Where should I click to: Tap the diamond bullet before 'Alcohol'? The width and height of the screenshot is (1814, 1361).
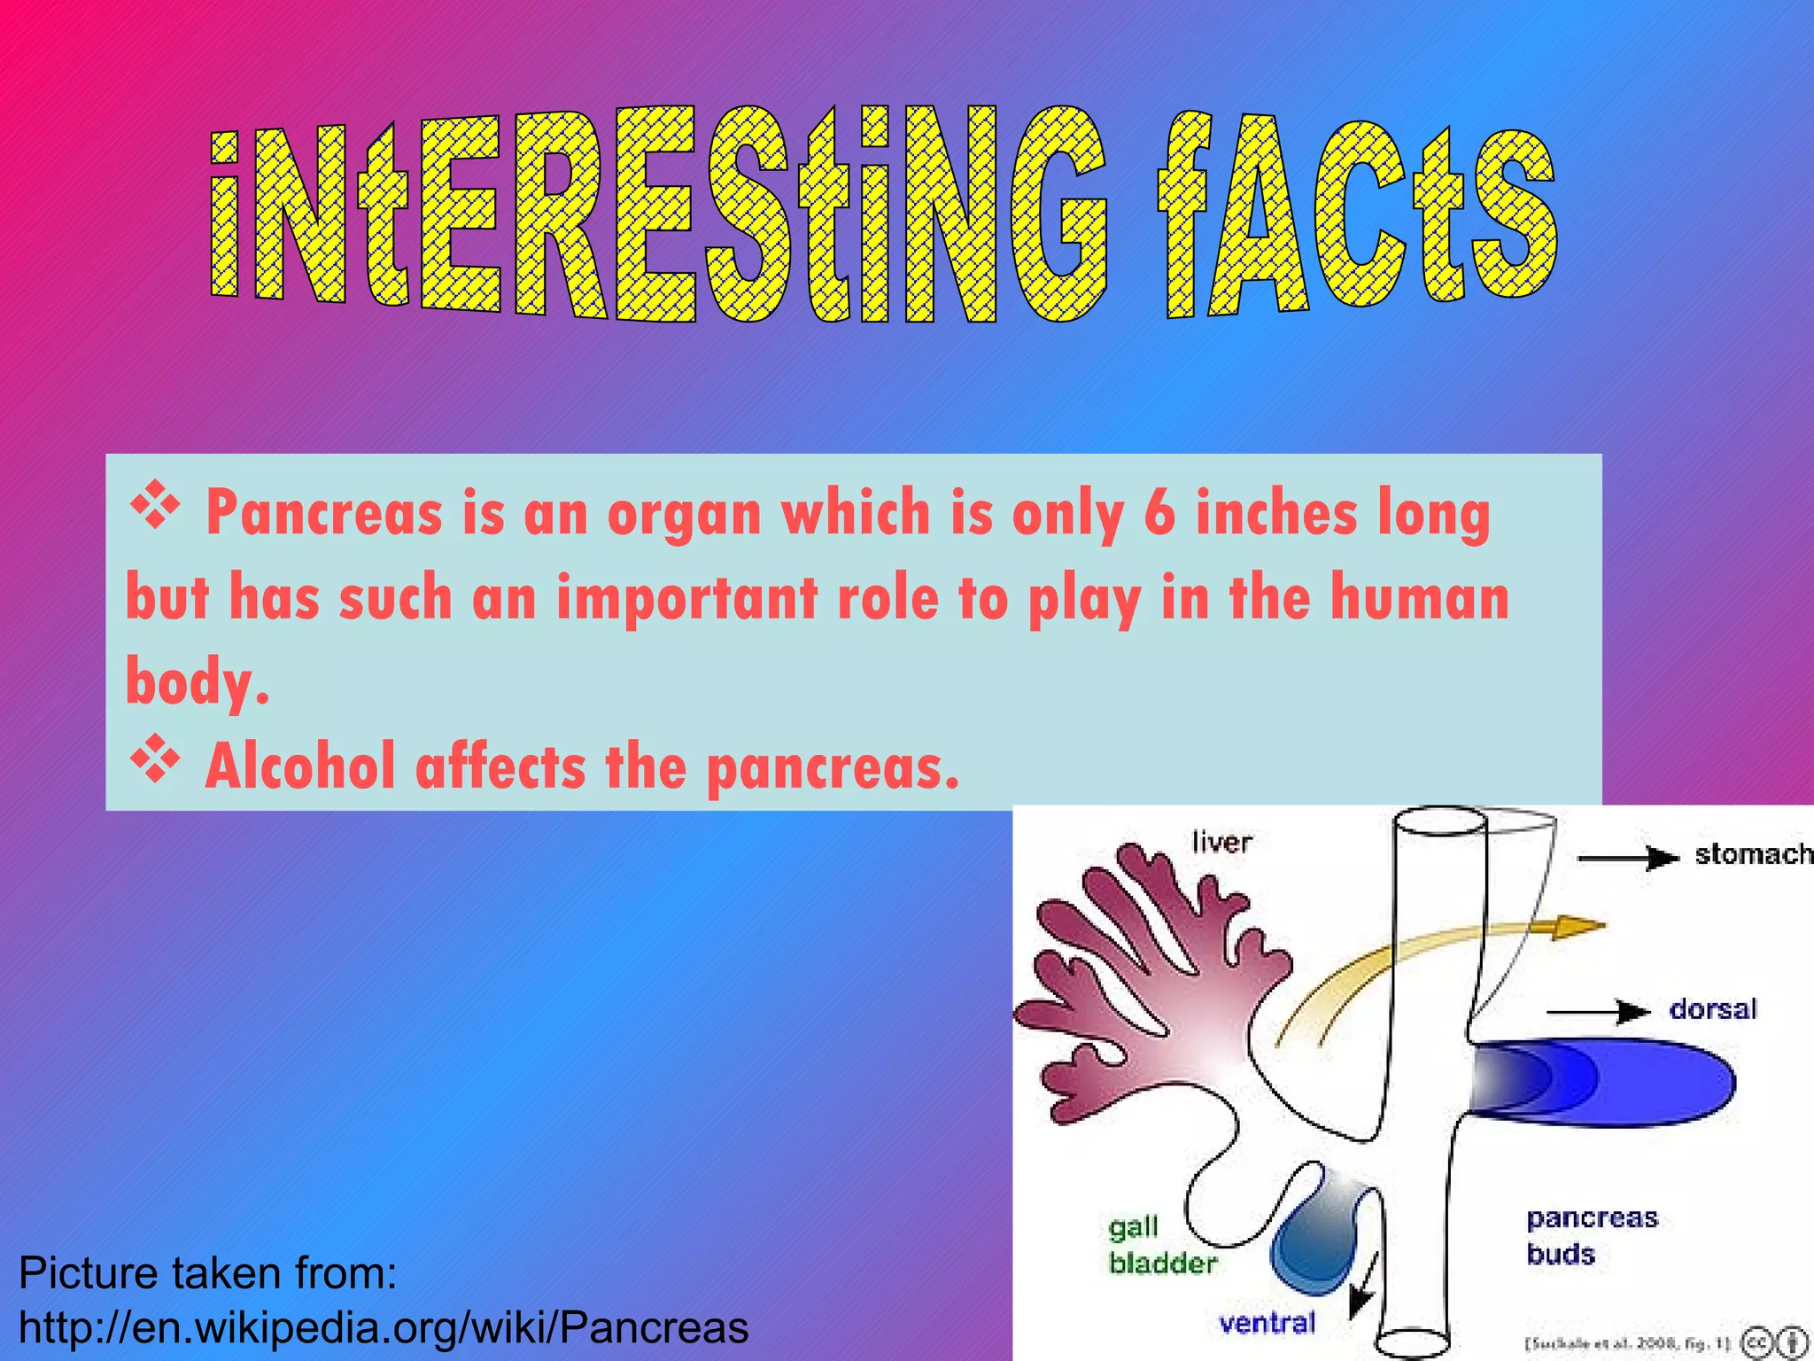click(155, 758)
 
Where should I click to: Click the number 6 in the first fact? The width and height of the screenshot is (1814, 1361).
click(1159, 514)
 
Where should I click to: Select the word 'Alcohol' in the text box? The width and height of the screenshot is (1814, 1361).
click(300, 766)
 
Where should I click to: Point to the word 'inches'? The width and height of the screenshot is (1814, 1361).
click(1276, 514)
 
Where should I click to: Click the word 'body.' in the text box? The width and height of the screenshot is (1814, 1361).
click(197, 682)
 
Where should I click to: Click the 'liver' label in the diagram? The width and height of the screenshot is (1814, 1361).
click(1221, 842)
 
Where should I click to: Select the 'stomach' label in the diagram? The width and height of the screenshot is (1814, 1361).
click(1753, 854)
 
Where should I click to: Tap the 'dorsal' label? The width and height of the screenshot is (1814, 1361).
click(1712, 1009)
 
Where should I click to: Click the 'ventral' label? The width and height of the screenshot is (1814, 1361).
click(1267, 1324)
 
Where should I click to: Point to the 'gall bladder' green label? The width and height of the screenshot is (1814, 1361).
click(1161, 1246)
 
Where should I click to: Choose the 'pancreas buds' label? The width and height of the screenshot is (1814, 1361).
click(1591, 1236)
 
